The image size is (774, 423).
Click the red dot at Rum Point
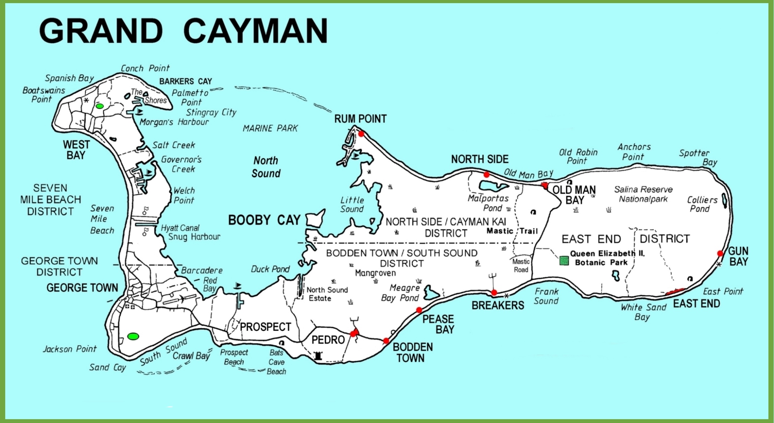[x=361, y=134]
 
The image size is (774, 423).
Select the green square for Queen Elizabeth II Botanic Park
[x=564, y=260]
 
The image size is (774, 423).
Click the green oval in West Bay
[x=100, y=106]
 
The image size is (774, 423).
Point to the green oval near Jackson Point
[x=133, y=336]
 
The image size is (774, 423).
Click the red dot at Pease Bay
[x=419, y=310]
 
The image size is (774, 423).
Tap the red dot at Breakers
[x=494, y=292]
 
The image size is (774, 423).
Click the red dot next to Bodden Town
[x=386, y=341]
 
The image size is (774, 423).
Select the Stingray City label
[x=211, y=112]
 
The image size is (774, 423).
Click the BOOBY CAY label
[x=264, y=220]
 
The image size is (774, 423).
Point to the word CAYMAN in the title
[x=255, y=31]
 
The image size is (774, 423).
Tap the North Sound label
[x=266, y=167]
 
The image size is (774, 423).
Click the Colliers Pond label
[x=702, y=204]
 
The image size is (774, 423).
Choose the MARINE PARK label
[x=270, y=128]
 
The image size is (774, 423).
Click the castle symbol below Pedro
[x=318, y=356]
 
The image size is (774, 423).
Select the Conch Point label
[x=145, y=68]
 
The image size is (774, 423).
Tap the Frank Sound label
[x=546, y=296]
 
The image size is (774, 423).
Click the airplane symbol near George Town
[x=182, y=299]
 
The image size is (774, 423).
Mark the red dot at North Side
[x=486, y=175]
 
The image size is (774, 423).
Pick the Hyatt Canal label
[x=180, y=228]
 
